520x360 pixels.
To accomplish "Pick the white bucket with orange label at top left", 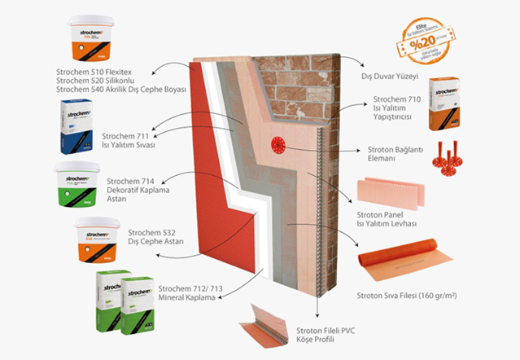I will click(x=92, y=39).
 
